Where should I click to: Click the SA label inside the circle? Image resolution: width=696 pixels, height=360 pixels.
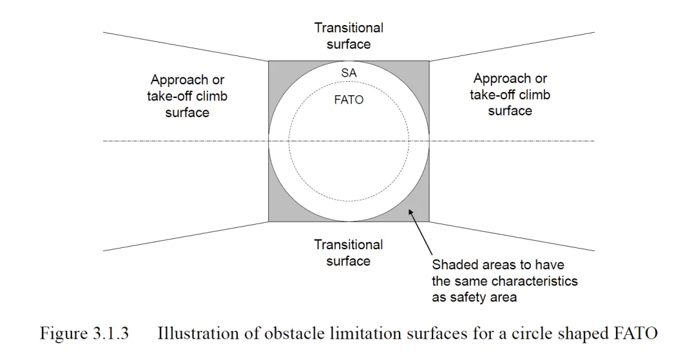point(349,73)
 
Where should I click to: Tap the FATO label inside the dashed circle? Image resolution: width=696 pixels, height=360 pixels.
point(349,100)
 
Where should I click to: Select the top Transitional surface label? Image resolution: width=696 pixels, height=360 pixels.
point(349,36)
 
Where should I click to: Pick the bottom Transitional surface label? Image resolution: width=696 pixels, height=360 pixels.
point(349,252)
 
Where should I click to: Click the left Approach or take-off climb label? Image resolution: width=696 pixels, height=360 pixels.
point(188,96)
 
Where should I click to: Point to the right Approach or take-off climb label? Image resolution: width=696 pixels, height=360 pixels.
point(510,95)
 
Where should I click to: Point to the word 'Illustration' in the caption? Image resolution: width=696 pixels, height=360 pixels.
point(191,334)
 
